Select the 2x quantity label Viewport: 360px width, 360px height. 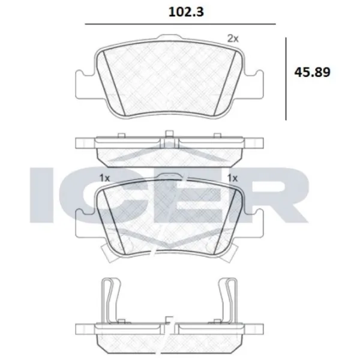(233, 38)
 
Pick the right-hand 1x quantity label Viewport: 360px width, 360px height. (233, 178)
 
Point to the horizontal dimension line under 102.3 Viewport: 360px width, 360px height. (180, 24)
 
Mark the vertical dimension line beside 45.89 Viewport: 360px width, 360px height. (286, 76)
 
